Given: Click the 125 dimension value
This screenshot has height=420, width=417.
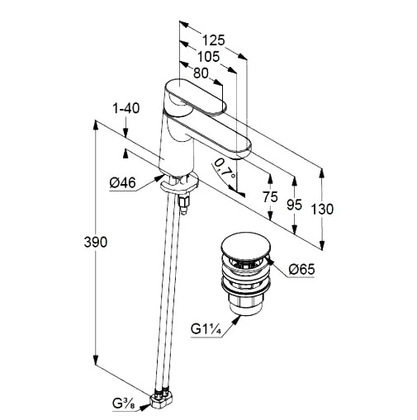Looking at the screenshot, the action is pyautogui.click(x=214, y=40).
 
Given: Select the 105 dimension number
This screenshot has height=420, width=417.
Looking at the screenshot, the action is pyautogui.click(x=209, y=57).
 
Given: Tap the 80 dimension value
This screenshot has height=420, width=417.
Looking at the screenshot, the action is pyautogui.click(x=201, y=73).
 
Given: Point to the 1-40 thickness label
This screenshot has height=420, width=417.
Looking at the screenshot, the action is pyautogui.click(x=126, y=108).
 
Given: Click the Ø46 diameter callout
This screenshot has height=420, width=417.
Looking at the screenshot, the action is pyautogui.click(x=123, y=182).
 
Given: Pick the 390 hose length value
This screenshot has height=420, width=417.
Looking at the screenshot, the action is pyautogui.click(x=96, y=243).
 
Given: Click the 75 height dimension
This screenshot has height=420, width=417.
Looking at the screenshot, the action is pyautogui.click(x=270, y=197).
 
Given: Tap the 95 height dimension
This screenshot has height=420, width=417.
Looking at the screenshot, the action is pyautogui.click(x=294, y=205).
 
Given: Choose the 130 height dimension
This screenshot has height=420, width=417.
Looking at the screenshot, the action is pyautogui.click(x=322, y=209).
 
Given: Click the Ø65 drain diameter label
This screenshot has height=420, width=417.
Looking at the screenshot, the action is pyautogui.click(x=301, y=270).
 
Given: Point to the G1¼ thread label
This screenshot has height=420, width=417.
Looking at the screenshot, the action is pyautogui.click(x=206, y=329).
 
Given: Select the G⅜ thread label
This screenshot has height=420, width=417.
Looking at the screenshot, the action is pyautogui.click(x=124, y=404).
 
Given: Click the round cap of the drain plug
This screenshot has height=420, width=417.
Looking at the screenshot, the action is pyautogui.click(x=244, y=246).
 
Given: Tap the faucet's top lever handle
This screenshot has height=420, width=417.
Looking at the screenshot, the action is pyautogui.click(x=195, y=97).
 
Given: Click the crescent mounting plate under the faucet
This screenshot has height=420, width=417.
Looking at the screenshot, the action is pyautogui.click(x=179, y=183).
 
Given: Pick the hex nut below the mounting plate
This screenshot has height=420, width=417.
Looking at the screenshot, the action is pyautogui.click(x=184, y=201).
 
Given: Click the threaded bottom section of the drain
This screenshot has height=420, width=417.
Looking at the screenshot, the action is pyautogui.click(x=244, y=304).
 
